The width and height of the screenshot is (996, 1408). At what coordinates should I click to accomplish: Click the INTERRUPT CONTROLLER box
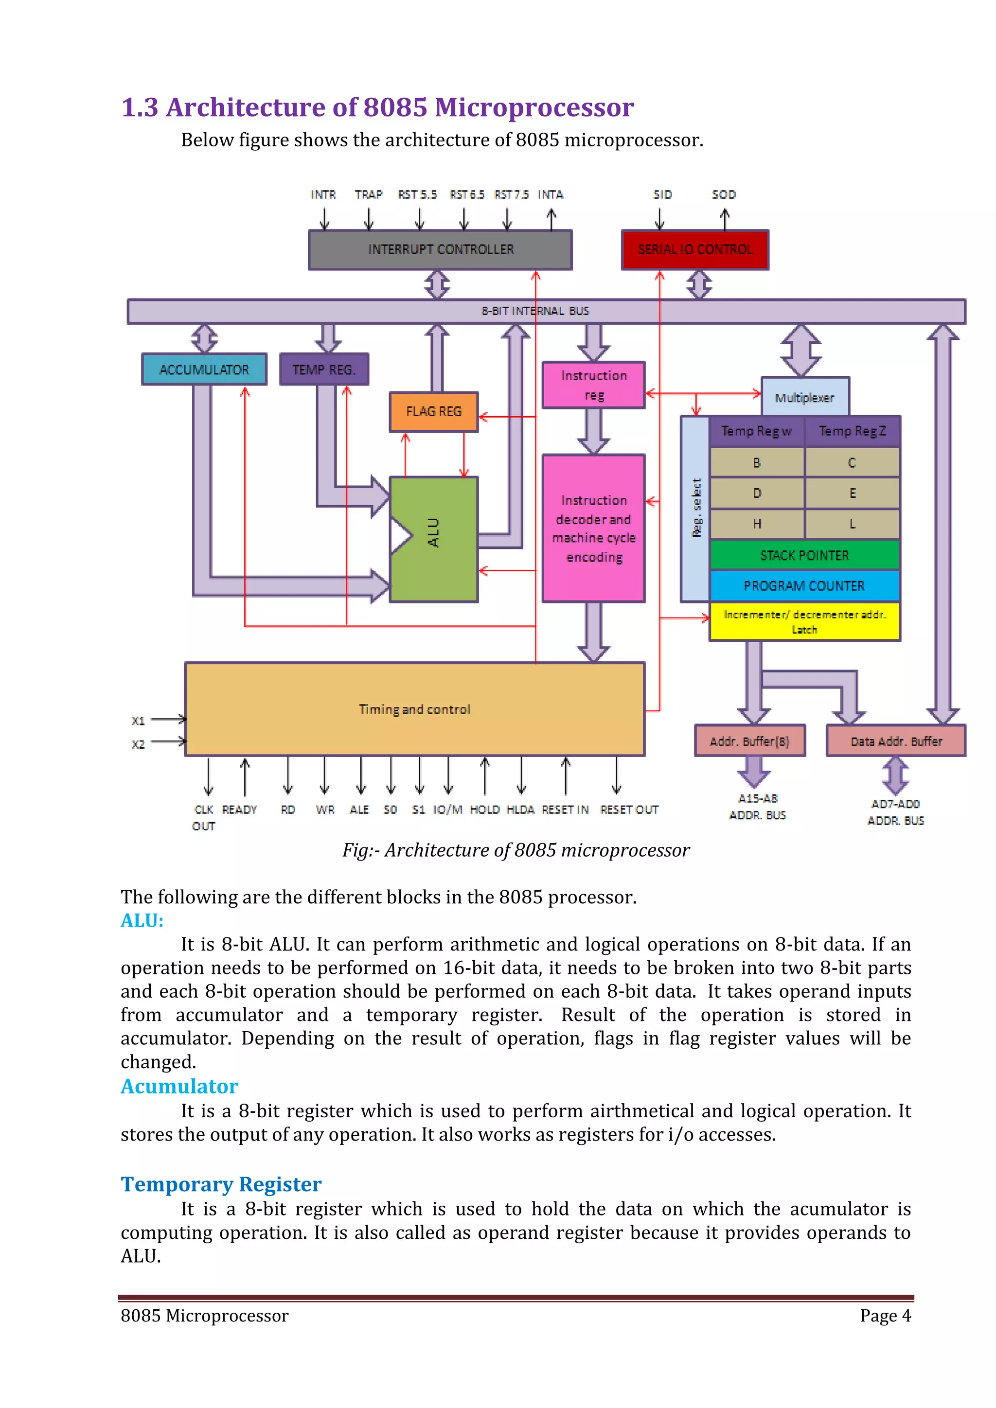[x=440, y=249]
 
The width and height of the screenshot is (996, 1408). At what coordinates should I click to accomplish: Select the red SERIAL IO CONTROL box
[x=694, y=249]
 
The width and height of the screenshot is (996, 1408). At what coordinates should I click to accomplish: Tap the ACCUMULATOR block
[x=204, y=369]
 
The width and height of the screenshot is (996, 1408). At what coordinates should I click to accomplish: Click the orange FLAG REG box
[x=434, y=411]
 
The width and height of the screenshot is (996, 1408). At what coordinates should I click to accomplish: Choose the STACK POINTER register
[x=804, y=555]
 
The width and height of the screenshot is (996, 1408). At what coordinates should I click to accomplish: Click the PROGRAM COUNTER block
[x=804, y=586]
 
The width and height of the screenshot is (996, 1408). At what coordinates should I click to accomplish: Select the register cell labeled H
[x=757, y=524]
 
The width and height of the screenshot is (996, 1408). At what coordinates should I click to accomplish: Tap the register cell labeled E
[x=852, y=493]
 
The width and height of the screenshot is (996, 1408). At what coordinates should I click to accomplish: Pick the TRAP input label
[x=368, y=194]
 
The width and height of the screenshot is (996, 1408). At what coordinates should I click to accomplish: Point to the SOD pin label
[x=724, y=194]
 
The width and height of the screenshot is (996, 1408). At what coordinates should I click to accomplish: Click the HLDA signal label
[x=520, y=810]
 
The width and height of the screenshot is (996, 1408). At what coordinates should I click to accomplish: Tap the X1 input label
[x=139, y=721]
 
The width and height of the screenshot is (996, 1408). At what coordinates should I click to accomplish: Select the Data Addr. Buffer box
[x=895, y=741]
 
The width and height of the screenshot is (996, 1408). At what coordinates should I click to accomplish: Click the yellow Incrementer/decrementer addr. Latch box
[x=804, y=621]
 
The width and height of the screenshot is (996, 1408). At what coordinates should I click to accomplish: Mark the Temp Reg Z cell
[x=852, y=431]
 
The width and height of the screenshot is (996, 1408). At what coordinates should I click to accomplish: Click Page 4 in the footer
[x=885, y=1316]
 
